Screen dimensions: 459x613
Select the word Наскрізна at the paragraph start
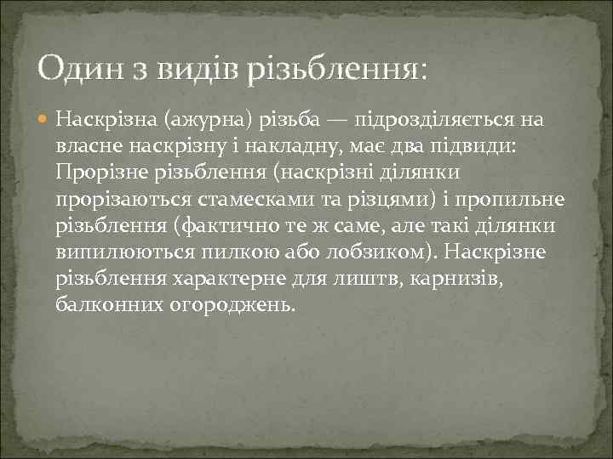click(106, 120)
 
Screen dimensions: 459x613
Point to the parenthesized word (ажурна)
click(213, 120)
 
